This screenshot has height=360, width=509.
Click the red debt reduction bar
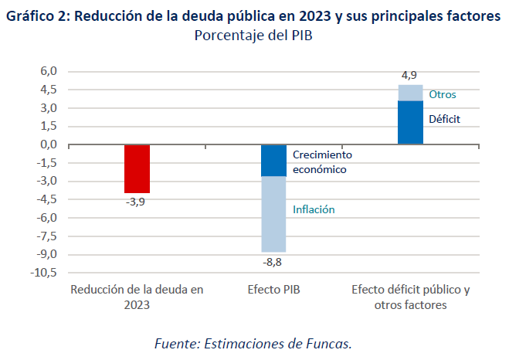(137, 168)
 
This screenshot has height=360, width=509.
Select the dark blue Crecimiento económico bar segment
(273, 160)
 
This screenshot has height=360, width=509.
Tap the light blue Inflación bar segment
(273, 214)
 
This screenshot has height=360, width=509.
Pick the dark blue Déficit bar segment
(410, 122)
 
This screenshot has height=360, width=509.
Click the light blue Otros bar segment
(410, 93)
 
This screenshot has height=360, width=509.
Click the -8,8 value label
(273, 262)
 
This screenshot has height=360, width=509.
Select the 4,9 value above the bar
(409, 75)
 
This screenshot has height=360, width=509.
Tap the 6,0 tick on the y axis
(49, 71)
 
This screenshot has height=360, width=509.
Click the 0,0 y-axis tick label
(49, 144)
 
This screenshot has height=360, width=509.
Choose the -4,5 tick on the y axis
(46, 199)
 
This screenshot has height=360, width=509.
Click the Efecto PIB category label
(273, 290)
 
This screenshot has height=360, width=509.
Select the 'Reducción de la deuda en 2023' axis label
(137, 297)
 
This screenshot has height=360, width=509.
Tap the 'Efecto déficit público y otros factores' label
(410, 297)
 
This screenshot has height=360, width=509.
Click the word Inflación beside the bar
(314, 209)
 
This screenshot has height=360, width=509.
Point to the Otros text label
(443, 94)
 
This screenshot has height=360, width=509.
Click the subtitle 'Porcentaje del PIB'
(254, 35)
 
